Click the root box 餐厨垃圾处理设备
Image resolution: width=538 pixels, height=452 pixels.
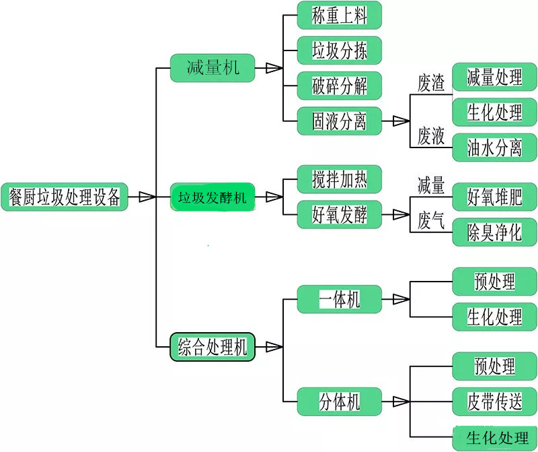click(65, 197)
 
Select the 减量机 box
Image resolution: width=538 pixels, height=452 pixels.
click(213, 67)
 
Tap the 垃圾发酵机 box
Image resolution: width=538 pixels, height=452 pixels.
click(213, 197)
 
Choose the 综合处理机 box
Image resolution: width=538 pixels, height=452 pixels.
click(213, 347)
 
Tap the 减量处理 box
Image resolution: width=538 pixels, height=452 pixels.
click(495, 77)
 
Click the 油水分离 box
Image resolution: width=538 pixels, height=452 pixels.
click(495, 148)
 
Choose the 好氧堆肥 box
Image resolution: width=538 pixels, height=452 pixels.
click(495, 197)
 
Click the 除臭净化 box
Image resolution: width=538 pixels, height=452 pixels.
click(495, 232)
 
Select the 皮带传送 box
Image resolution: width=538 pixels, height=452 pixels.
click(495, 401)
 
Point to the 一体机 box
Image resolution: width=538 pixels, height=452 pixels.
click(340, 298)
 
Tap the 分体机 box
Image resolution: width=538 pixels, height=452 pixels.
click(340, 401)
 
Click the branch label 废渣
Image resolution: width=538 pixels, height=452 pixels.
click(431, 84)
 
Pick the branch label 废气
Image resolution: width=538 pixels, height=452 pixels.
click(431, 222)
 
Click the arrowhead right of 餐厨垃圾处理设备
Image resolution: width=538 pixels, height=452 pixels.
click(147, 197)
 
